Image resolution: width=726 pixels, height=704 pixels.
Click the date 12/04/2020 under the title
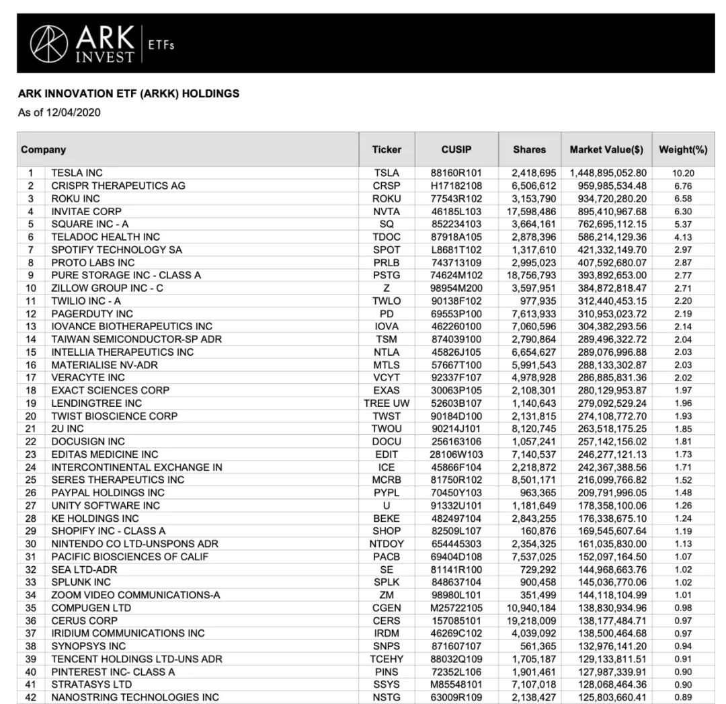(x=73, y=112)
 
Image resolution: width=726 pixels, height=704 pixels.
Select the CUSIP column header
(x=456, y=149)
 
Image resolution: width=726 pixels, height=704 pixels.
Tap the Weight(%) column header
(x=683, y=149)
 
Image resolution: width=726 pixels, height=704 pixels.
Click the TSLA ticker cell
(x=387, y=173)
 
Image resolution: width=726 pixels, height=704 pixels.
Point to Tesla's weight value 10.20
(x=683, y=173)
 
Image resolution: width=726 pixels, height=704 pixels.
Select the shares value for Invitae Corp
(x=528, y=211)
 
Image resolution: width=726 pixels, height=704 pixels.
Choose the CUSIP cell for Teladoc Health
(x=456, y=237)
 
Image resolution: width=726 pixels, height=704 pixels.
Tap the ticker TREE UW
(x=387, y=403)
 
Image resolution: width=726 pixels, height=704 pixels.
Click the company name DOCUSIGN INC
(x=88, y=442)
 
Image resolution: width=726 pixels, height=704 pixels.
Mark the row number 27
(x=31, y=506)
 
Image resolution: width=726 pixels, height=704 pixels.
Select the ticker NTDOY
(x=387, y=544)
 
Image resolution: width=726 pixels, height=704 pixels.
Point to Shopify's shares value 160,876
(x=538, y=531)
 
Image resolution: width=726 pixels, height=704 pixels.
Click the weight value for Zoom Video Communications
(x=683, y=595)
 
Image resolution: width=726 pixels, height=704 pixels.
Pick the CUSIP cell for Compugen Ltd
(x=456, y=608)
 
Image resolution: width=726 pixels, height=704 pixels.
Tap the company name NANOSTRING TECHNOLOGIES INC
(x=135, y=697)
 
